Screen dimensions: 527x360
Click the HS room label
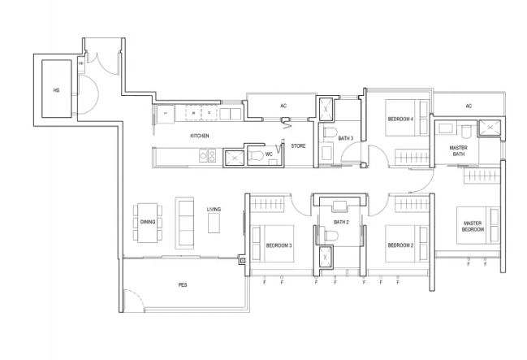point(56,90)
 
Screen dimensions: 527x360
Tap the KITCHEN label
point(200,136)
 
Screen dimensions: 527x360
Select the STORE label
point(298,146)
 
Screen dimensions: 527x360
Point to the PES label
point(183,285)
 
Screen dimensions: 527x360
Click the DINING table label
point(148,222)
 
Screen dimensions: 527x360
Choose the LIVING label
point(214,210)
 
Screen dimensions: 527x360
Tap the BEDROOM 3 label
point(279,245)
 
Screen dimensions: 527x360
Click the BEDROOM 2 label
point(400,245)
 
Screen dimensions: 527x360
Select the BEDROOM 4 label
point(400,119)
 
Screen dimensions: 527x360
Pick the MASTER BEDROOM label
point(473,226)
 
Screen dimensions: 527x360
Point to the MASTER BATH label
point(459,150)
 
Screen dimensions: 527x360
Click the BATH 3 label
point(346,138)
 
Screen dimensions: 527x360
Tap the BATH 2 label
point(341,222)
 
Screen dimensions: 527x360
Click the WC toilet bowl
point(256,155)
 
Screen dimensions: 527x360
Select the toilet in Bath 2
point(331,235)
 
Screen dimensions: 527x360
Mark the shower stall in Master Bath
point(490,128)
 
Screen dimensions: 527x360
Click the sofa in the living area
point(184,223)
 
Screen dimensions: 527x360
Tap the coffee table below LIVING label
point(214,223)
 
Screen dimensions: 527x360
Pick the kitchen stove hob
point(207,155)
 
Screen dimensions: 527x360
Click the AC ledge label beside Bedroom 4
point(469,106)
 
